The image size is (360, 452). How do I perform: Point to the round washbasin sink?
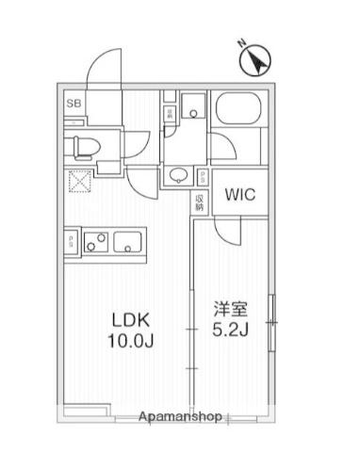(x=178, y=174)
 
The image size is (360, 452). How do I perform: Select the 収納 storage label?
(x=200, y=201)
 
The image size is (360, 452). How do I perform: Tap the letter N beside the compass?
(x=241, y=43)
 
